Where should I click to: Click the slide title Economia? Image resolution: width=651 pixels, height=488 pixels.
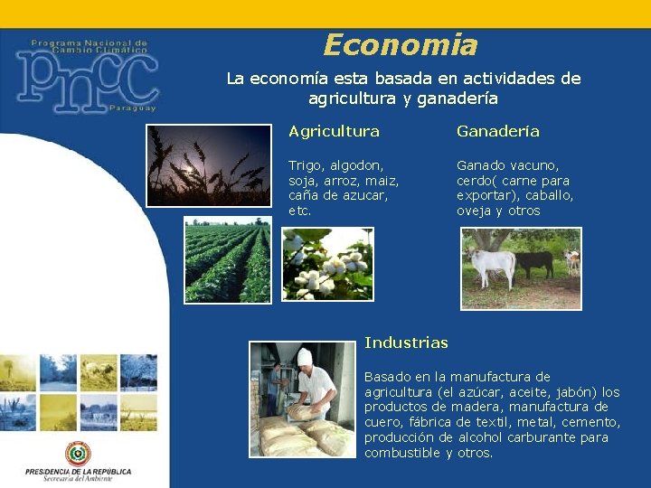pos(400,44)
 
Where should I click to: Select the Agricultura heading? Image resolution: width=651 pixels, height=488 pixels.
pos(334,131)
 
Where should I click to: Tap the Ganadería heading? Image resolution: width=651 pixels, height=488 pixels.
pos(497,131)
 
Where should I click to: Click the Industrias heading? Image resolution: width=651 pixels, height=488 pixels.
pos(406,343)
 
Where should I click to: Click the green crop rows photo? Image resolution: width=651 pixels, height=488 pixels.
pos(227,261)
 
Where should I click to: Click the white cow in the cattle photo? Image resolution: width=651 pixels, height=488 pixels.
pos(492,265)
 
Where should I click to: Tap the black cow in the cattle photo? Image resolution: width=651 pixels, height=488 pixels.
pos(534,262)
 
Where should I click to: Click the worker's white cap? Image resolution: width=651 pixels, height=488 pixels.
pos(305,356)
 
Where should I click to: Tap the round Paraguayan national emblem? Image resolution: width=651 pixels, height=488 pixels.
pos(78,453)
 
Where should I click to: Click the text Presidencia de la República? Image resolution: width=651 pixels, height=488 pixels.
pos(78,472)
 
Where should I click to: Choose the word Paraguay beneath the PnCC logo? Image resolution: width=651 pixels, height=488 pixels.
pos(132,108)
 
